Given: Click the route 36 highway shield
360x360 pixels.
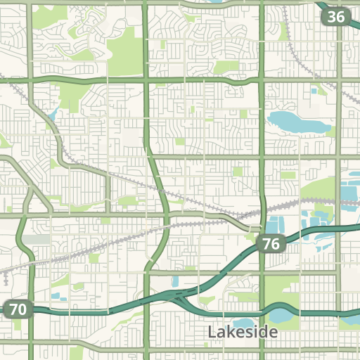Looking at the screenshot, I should [337, 16].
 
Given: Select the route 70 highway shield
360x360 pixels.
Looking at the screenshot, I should [18, 308].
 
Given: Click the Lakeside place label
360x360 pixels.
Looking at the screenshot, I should [243, 331].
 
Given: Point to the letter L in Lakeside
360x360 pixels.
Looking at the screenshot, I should [212, 331].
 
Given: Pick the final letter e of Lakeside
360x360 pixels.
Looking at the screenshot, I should [274, 332].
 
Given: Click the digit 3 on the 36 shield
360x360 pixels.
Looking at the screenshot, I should [332, 16].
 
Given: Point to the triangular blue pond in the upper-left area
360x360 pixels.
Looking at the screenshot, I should [53, 113].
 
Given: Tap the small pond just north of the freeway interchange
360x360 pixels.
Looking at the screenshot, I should [175, 282].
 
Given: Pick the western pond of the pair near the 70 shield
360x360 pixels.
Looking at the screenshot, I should [54, 297].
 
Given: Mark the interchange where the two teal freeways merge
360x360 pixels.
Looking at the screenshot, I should [184, 299].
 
